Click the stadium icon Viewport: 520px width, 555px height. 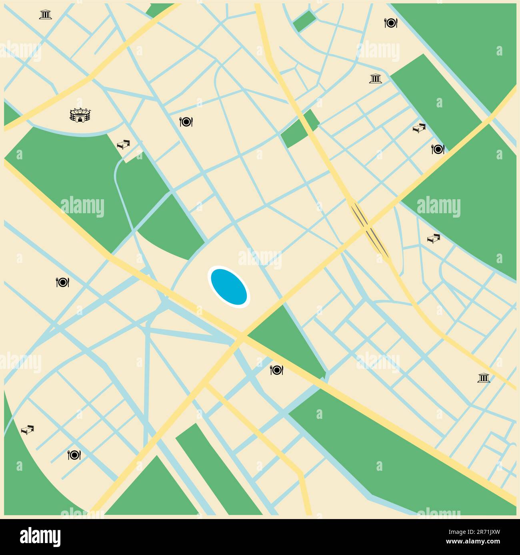pyautogui.click(x=81, y=115)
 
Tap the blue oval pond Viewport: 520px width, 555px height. pyautogui.click(x=228, y=286)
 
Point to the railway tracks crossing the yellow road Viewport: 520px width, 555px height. pyautogui.click(x=369, y=229)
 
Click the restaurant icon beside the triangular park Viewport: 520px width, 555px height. pyautogui.click(x=277, y=370)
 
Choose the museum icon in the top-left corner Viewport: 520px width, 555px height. pyautogui.click(x=46, y=15)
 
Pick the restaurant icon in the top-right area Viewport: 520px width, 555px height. pyautogui.click(x=390, y=23)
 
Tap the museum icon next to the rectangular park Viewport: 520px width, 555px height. pyautogui.click(x=375, y=79)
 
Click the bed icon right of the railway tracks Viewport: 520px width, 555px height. pyautogui.click(x=433, y=238)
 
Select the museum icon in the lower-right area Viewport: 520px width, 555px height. pyautogui.click(x=484, y=378)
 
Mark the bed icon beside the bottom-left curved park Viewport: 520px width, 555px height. pyautogui.click(x=27, y=430)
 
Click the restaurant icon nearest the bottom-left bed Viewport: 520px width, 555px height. pyautogui.click(x=74, y=454)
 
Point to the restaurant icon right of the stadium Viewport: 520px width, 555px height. pyautogui.click(x=186, y=121)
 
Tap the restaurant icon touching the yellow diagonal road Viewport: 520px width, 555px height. pyautogui.click(x=438, y=149)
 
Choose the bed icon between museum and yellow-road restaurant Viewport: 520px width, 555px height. pyautogui.click(x=419, y=128)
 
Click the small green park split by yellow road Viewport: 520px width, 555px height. pyautogui.click(x=300, y=129)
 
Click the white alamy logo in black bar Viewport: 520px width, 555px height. pyautogui.click(x=40, y=537)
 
